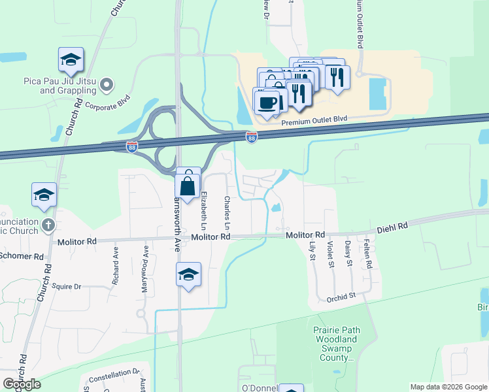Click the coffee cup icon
click(x=267, y=102)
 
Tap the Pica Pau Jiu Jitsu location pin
click(x=109, y=84)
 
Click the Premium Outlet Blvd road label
click(x=312, y=122)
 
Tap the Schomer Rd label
click(x=21, y=255)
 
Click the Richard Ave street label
click(x=116, y=259)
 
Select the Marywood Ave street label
click(x=146, y=260)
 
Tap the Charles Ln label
click(x=227, y=212)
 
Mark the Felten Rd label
click(x=369, y=255)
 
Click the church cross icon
click(x=47, y=225)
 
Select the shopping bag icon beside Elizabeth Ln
click(x=188, y=184)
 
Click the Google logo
click(x=22, y=384)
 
